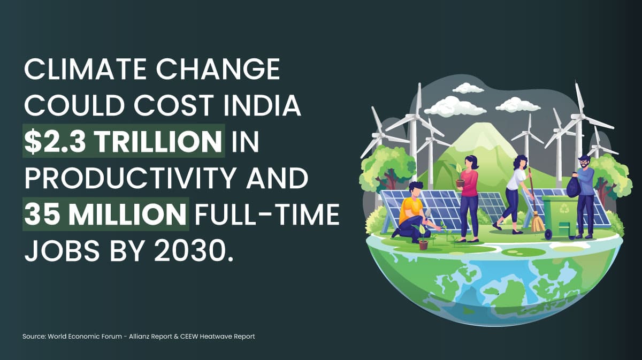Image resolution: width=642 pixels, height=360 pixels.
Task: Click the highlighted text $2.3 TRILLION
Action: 123,141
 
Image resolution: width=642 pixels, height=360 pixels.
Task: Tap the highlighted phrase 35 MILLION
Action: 105,214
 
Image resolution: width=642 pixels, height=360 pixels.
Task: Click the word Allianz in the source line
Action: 139,336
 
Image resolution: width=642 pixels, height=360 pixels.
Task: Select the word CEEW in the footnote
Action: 189,336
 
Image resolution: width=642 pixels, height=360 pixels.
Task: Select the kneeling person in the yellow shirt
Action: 412,213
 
